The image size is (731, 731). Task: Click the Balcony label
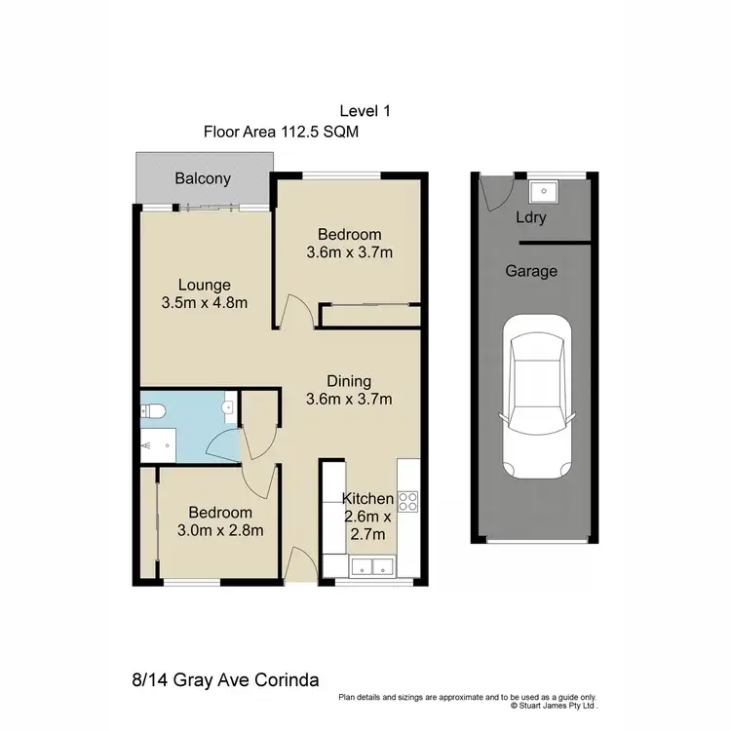(203, 178)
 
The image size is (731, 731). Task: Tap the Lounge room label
(204, 285)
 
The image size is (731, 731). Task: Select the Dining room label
(349, 380)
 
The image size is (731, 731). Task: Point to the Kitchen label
(367, 498)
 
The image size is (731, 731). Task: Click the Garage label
(531, 271)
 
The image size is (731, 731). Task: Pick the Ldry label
(531, 217)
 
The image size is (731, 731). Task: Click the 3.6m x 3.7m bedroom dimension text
(349, 252)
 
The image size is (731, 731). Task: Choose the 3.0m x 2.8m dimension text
(220, 530)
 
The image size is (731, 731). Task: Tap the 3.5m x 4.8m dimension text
(204, 302)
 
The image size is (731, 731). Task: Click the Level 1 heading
(365, 112)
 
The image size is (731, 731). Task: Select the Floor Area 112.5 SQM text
(281, 132)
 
